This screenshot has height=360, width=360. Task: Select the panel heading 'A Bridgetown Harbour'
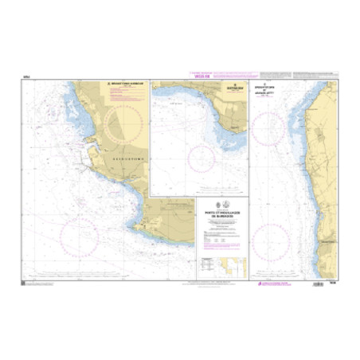119,83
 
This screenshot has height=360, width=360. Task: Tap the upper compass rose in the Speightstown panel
274,128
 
